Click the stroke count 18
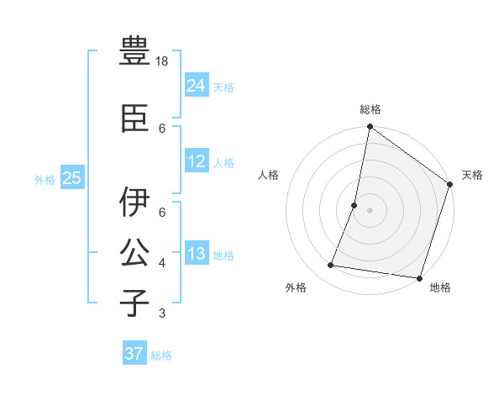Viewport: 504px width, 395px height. pos(163,61)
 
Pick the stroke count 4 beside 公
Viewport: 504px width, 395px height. pos(162,263)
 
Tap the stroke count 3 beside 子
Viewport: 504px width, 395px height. pos(162,313)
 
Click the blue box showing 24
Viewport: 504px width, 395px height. pos(197,86)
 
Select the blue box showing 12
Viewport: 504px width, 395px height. pos(197,161)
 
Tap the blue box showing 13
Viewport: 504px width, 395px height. pos(197,254)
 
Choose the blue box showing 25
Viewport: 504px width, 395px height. pos(71,178)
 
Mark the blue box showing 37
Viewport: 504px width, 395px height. pos(134,354)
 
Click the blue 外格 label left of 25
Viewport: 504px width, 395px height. pos(45,179)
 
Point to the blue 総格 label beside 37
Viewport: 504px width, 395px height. pos(161,355)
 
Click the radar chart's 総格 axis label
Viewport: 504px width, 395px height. pos(370,109)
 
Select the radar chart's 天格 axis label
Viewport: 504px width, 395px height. pos(472,175)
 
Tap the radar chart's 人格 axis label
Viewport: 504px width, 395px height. pos(269,175)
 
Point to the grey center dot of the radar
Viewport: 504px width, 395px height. pos(370,210)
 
